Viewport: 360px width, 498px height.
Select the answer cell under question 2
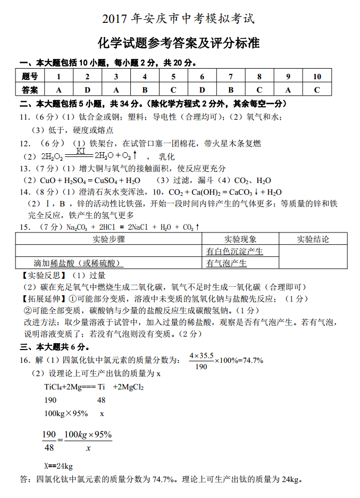click(87, 89)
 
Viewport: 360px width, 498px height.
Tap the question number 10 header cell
click(317, 76)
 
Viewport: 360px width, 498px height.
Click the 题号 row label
click(30, 76)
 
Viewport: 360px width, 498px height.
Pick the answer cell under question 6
click(202, 89)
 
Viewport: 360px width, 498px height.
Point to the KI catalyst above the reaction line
click(81, 151)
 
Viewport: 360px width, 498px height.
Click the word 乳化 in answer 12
click(167, 157)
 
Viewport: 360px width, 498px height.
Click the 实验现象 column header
click(240, 239)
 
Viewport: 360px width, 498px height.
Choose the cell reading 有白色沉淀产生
click(235, 251)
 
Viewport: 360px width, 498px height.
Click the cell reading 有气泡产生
click(227, 263)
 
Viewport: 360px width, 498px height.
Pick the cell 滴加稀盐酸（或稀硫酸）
click(78, 263)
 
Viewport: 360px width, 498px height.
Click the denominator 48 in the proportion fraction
click(49, 447)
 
